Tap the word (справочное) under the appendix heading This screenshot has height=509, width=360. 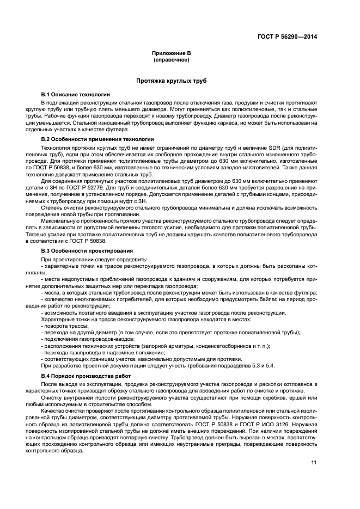tap(171, 59)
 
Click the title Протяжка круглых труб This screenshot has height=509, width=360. tap(171, 81)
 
